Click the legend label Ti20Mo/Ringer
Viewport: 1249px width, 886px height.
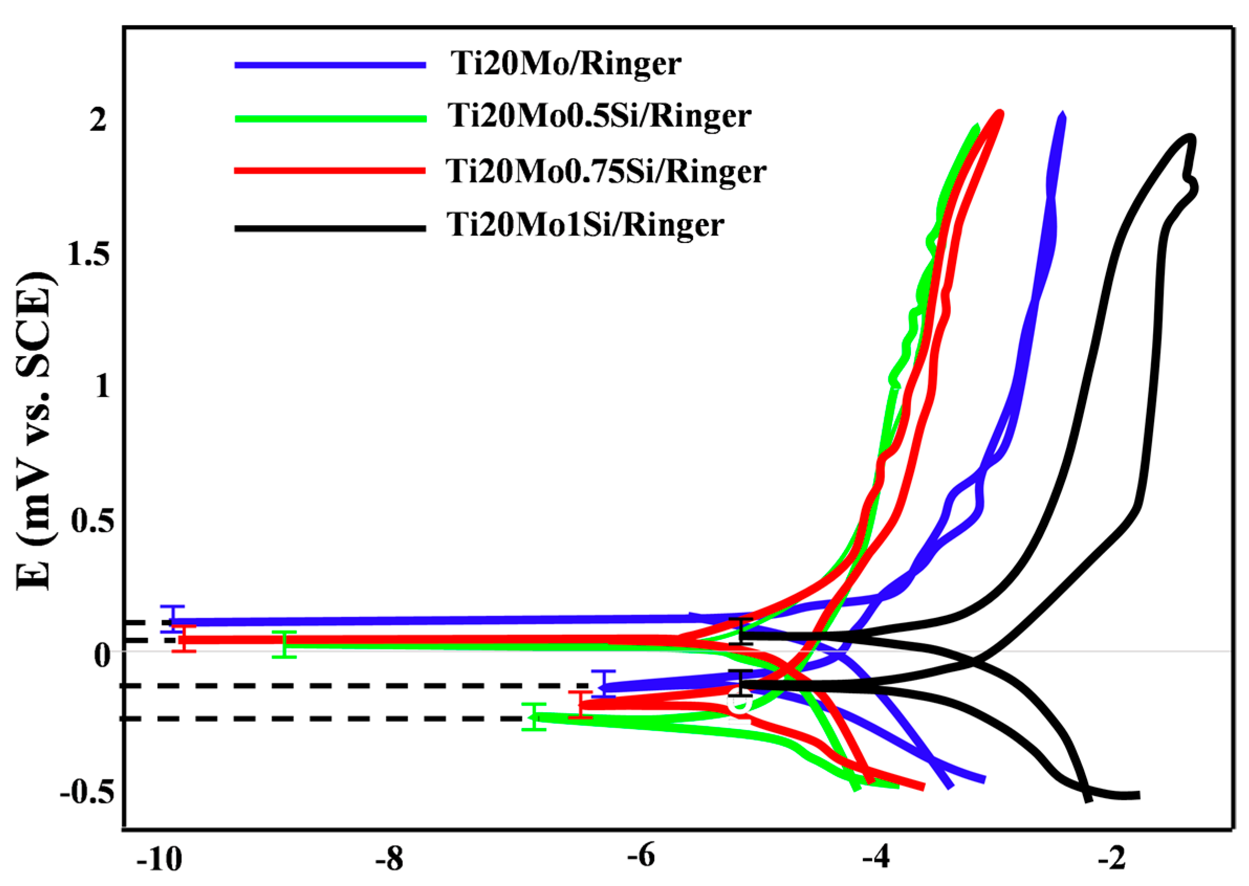click(566, 64)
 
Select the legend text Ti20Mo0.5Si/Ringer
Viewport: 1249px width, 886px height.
click(599, 116)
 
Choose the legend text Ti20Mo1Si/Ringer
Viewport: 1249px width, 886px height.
click(586, 225)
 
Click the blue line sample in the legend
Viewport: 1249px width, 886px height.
click(330, 65)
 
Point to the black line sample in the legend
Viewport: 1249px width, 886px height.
click(330, 228)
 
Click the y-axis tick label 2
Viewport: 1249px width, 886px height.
click(98, 119)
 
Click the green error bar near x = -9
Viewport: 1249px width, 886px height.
click(284, 645)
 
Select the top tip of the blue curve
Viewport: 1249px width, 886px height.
click(1062, 115)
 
